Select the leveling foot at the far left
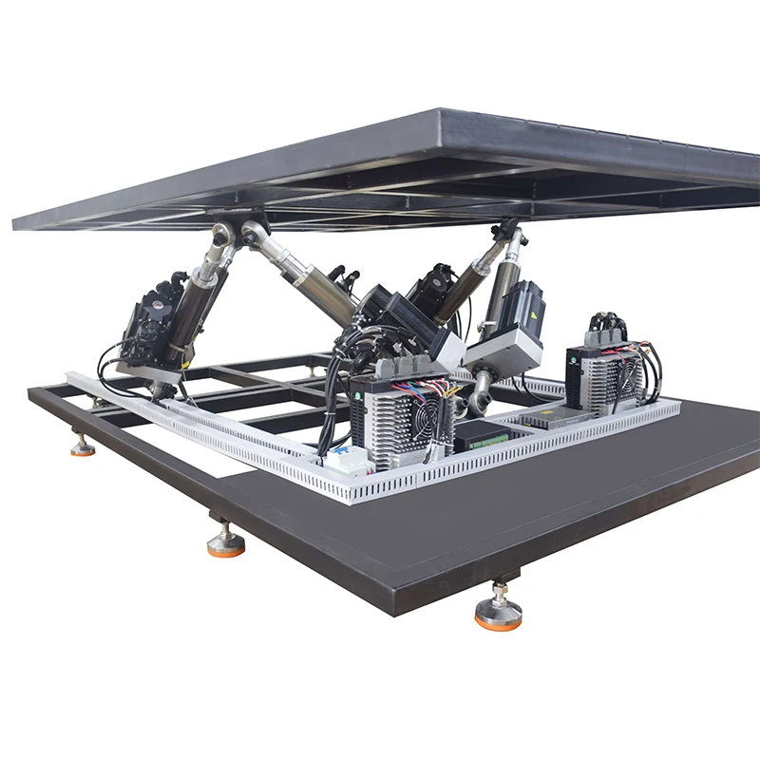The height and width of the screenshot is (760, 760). [83, 445]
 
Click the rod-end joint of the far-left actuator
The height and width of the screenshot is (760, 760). [223, 237]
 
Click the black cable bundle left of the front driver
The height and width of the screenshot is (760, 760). [332, 399]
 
